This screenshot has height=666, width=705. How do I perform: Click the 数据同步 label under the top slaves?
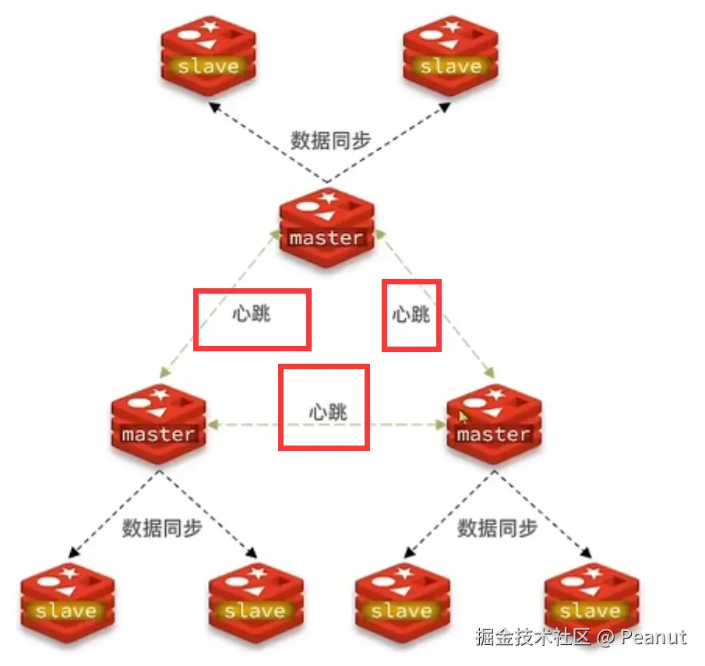point(330,140)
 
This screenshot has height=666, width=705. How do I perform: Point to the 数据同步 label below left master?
point(162,527)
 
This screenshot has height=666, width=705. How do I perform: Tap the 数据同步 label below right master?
point(497,527)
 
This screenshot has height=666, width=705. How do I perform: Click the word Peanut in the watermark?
point(654,637)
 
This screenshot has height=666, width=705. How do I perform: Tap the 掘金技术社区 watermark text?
point(534,637)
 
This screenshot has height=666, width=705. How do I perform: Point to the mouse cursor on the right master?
point(464,417)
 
